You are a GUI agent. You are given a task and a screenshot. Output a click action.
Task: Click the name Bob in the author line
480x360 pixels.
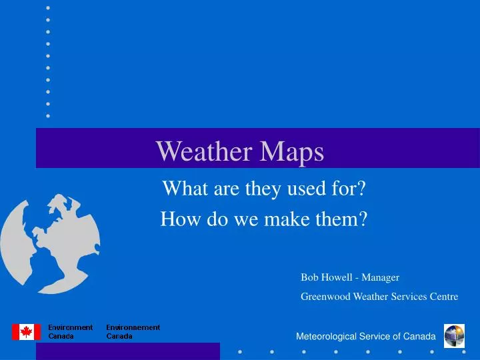[x=309, y=277]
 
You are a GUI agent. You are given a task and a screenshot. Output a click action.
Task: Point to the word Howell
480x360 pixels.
[x=336, y=277]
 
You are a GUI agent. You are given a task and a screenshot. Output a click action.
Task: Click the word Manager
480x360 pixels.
[x=381, y=277]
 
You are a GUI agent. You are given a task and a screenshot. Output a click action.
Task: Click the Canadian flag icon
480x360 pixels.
[x=26, y=331]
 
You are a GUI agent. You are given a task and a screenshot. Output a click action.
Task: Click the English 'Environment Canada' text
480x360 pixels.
[x=70, y=331]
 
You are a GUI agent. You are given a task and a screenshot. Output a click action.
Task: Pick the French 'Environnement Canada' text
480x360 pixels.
[x=133, y=331]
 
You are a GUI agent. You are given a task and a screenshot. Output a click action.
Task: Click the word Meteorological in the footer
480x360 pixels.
[x=326, y=337]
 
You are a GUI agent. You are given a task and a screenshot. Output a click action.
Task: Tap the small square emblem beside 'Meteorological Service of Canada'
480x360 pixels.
[x=454, y=335]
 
